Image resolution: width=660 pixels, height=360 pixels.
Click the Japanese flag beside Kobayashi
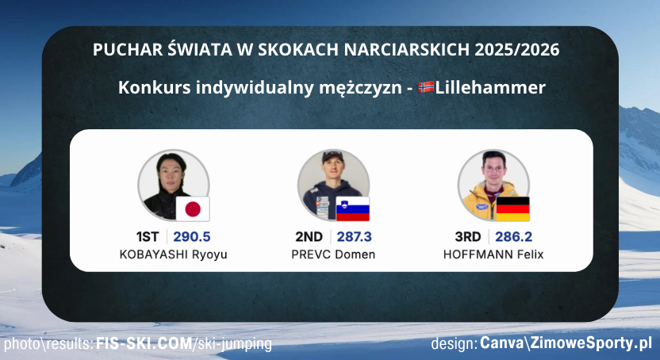click(x=192, y=209)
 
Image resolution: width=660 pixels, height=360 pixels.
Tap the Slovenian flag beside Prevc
click(x=353, y=209)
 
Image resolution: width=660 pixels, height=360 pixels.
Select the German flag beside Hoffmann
click(x=512, y=209)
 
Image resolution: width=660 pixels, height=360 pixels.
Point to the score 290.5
click(x=191, y=236)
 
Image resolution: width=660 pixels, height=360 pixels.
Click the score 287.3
click(x=353, y=236)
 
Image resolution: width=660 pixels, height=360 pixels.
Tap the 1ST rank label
click(x=149, y=236)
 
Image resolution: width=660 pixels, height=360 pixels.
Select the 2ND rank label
click(x=309, y=236)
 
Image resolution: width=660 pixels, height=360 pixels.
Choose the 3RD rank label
click(x=468, y=236)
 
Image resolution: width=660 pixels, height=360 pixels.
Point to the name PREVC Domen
click(x=333, y=255)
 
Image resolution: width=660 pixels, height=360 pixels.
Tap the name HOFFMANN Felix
click(x=493, y=255)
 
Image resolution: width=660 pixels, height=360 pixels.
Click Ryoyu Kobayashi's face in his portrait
click(x=169, y=171)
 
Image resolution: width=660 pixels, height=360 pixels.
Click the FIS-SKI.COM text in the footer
click(x=144, y=344)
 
